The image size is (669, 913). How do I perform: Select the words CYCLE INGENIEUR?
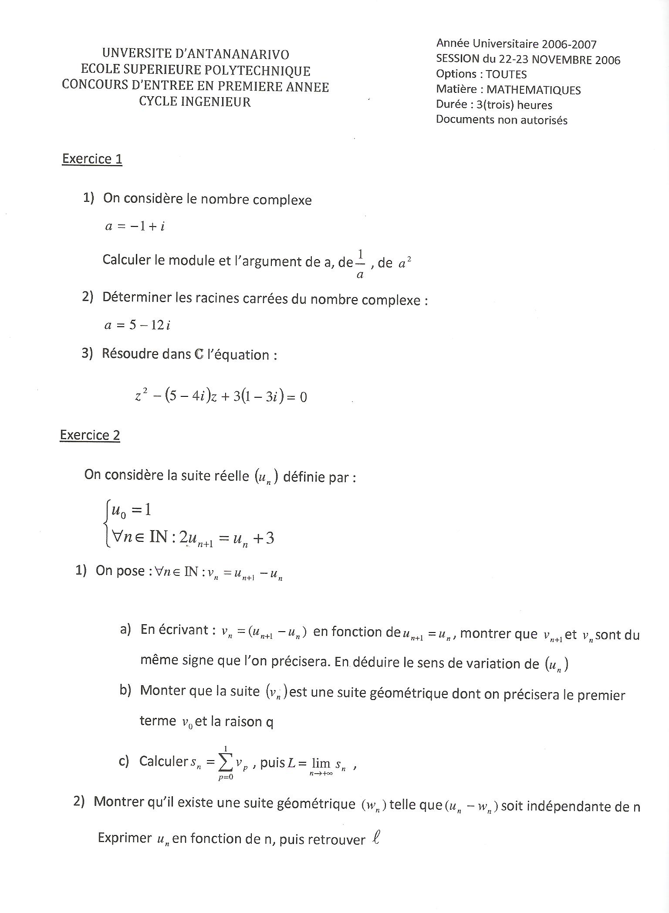(195, 102)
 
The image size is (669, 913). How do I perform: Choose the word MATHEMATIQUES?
(534, 90)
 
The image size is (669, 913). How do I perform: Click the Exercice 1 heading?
(92, 159)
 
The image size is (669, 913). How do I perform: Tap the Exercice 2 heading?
(90, 435)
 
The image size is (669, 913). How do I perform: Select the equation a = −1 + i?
(135, 226)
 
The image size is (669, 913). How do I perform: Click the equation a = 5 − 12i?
(137, 325)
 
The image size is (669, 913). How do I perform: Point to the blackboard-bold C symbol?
(199, 354)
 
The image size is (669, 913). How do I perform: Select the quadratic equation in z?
(221, 396)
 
